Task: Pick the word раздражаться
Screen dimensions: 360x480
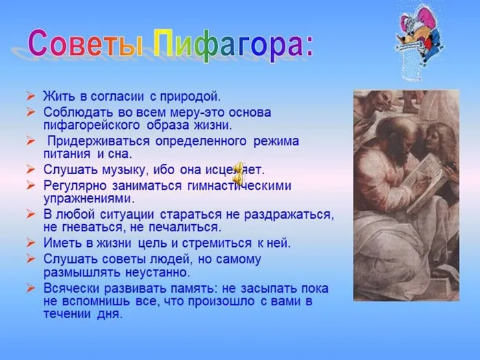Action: tap(292, 215)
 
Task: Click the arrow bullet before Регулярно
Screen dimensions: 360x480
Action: tap(32, 185)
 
